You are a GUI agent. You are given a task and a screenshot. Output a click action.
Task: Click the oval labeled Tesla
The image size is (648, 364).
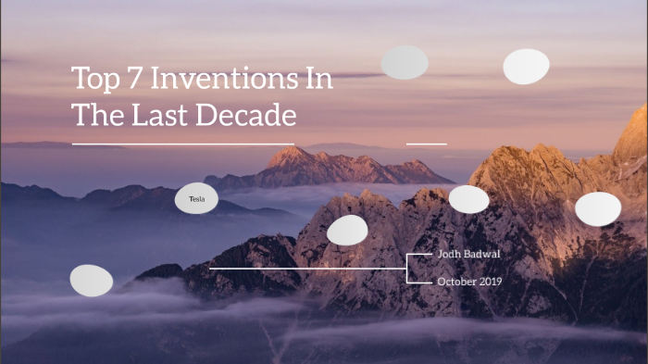196,198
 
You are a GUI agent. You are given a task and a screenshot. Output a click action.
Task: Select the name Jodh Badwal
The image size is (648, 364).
467,253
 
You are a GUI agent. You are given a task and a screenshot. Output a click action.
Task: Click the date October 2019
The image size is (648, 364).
469,281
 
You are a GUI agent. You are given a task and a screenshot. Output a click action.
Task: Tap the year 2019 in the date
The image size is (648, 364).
491,281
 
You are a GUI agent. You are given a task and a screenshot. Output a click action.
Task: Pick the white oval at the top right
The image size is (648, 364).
526,67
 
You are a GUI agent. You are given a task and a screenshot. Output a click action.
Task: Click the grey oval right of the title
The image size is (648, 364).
405,62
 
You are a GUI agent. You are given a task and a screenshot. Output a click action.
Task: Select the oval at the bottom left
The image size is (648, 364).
92,280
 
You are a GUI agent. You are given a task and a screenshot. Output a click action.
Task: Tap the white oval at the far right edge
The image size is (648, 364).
598,208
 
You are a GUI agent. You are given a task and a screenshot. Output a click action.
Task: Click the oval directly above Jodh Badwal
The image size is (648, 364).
468,199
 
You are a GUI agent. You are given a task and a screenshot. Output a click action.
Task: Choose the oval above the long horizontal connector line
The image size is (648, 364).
347,230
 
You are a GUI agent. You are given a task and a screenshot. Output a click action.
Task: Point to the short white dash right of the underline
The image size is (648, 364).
426,144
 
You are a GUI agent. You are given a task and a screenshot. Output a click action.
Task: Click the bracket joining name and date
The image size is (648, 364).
408,267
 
